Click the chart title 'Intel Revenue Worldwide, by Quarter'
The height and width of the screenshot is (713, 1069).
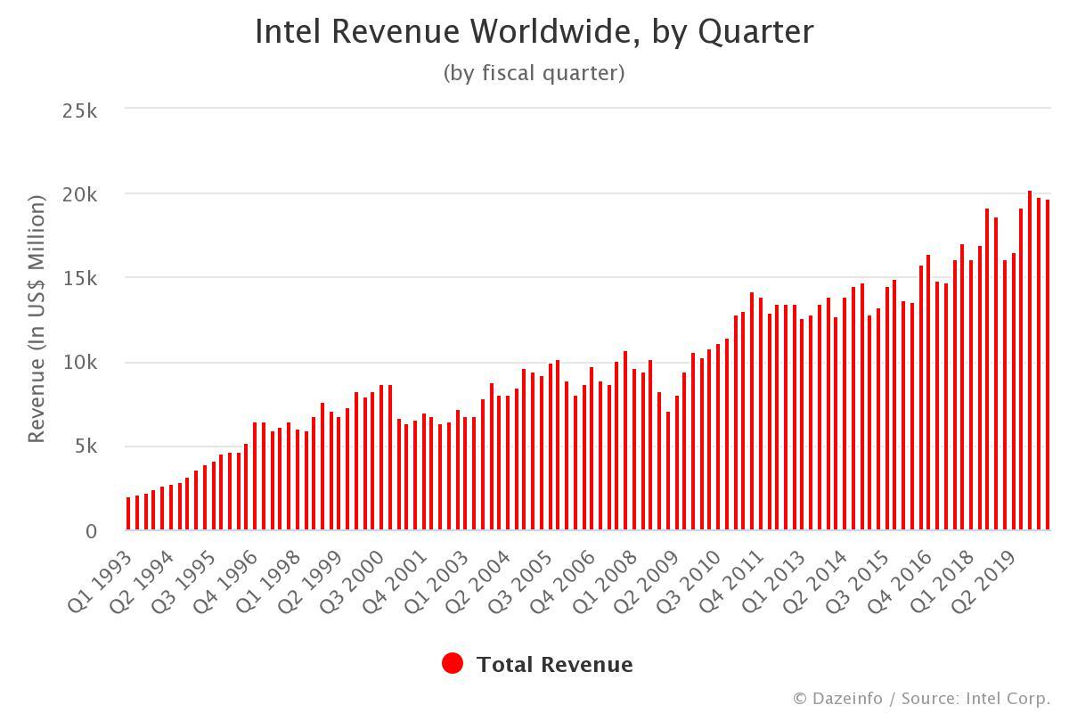coord(534,32)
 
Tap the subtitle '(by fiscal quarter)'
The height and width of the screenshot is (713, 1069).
coord(534,73)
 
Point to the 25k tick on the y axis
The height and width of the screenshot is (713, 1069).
coord(80,111)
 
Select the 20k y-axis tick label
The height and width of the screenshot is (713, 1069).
coord(80,194)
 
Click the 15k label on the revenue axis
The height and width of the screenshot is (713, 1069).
coord(80,279)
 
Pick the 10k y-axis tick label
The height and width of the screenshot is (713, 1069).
coord(80,363)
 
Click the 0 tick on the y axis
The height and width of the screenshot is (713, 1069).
coord(92,531)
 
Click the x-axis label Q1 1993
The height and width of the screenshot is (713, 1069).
coord(101,579)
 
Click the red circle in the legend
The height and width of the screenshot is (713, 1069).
coord(453,664)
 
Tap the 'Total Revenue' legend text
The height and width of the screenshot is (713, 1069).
coord(554,665)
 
